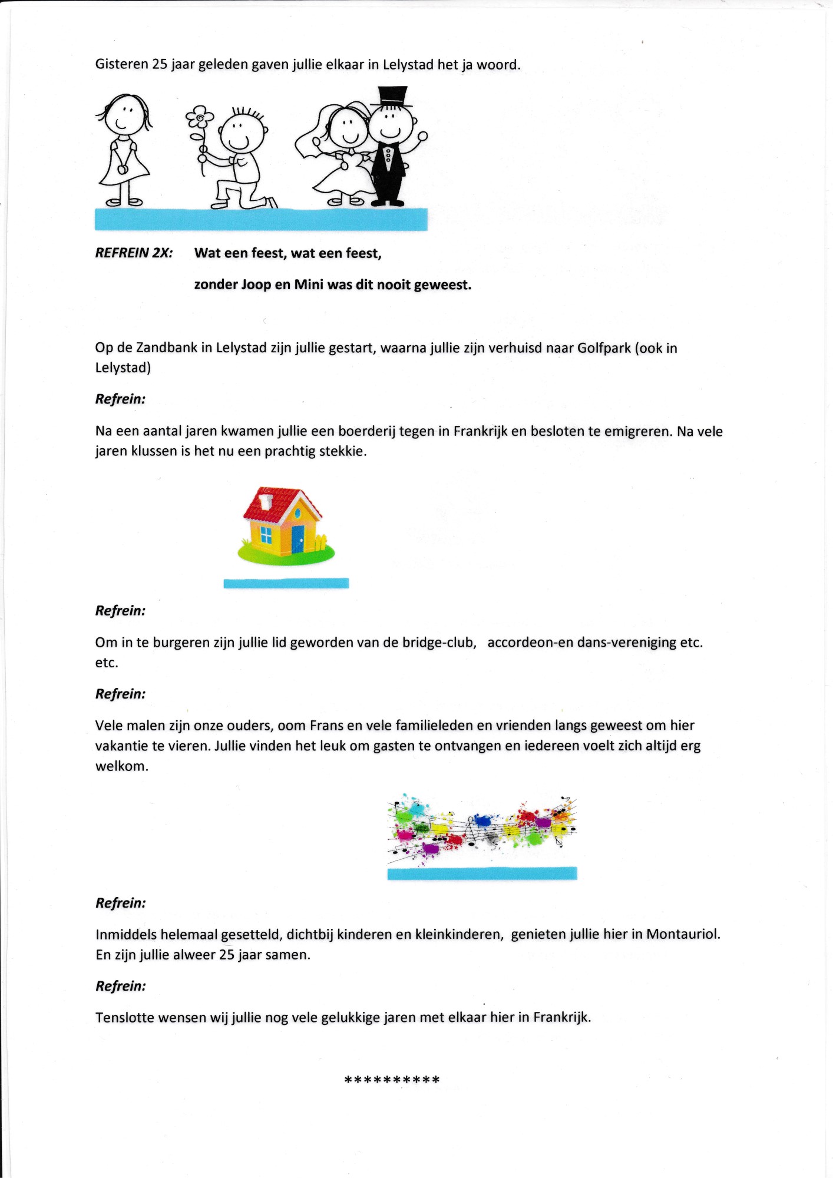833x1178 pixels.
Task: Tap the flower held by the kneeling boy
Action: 200,118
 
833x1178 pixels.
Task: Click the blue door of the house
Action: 297,538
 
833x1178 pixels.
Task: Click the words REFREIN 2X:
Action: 134,253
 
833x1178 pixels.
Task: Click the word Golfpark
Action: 604,348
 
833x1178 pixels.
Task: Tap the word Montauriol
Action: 683,934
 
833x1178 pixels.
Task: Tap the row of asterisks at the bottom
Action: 392,1080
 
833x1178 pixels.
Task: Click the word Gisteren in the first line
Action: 121,64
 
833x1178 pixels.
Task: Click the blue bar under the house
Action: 286,583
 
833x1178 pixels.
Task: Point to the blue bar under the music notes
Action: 482,873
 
